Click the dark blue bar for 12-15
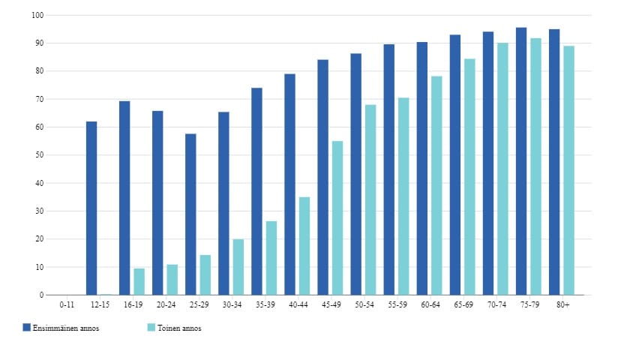click(x=91, y=208)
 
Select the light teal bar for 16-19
click(x=139, y=281)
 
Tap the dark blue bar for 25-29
click(x=190, y=214)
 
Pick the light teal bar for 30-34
click(x=238, y=267)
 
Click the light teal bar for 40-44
click(x=304, y=246)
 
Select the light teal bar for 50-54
click(x=370, y=199)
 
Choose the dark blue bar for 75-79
click(x=520, y=161)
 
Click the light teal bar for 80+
click(x=568, y=170)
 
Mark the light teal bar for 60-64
click(x=436, y=185)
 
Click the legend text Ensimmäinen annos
click(x=66, y=328)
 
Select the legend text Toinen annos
click(x=180, y=328)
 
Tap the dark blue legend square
click(x=26, y=328)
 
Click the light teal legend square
click(x=151, y=328)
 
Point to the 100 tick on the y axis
click(x=38, y=15)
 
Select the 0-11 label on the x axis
click(x=67, y=304)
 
